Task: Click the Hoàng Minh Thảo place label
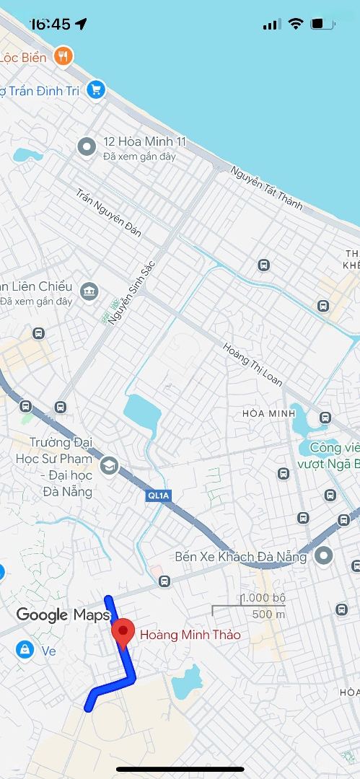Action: [190, 635]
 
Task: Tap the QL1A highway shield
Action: [157, 496]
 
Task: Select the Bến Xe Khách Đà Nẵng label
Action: [241, 557]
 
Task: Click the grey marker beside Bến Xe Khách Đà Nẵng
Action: [324, 556]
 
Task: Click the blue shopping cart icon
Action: [95, 89]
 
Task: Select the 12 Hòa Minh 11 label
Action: [144, 142]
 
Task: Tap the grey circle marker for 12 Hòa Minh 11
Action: [87, 147]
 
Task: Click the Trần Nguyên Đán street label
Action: [109, 213]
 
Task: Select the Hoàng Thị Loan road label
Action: [253, 364]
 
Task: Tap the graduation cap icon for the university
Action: [109, 465]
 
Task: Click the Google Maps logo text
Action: [63, 615]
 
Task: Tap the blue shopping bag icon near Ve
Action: [25, 650]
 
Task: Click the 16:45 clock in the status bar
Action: [51, 24]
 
